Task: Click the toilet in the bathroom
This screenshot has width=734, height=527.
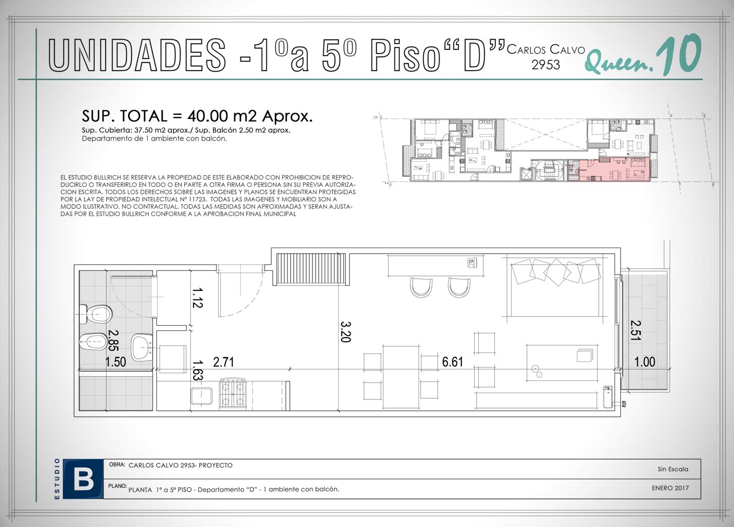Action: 96,314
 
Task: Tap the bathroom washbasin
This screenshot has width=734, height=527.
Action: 142,347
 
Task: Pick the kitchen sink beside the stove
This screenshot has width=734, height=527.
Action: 201,397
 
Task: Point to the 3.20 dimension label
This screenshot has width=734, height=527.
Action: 345,331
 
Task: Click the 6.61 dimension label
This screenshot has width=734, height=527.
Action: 452,362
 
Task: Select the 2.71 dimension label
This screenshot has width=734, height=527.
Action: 223,362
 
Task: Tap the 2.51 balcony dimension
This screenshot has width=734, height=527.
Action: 636,330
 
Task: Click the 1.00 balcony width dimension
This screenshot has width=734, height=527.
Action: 645,362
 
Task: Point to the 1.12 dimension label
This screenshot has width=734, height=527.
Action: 197,298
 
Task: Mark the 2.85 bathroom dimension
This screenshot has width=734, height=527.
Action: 113,340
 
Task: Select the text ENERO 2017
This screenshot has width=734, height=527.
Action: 670,488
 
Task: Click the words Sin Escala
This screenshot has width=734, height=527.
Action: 672,469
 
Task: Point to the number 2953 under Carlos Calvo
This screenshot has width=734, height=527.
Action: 546,65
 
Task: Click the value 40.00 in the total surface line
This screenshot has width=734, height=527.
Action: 208,116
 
